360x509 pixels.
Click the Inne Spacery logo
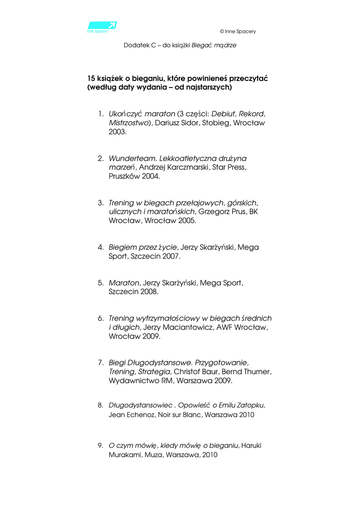(x=101, y=26)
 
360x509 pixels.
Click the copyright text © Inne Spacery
(x=238, y=31)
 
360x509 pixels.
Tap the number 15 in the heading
(x=91, y=78)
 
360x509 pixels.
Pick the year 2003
(x=117, y=133)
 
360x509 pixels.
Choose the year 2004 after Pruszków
(x=150, y=177)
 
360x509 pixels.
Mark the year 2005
(x=186, y=221)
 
